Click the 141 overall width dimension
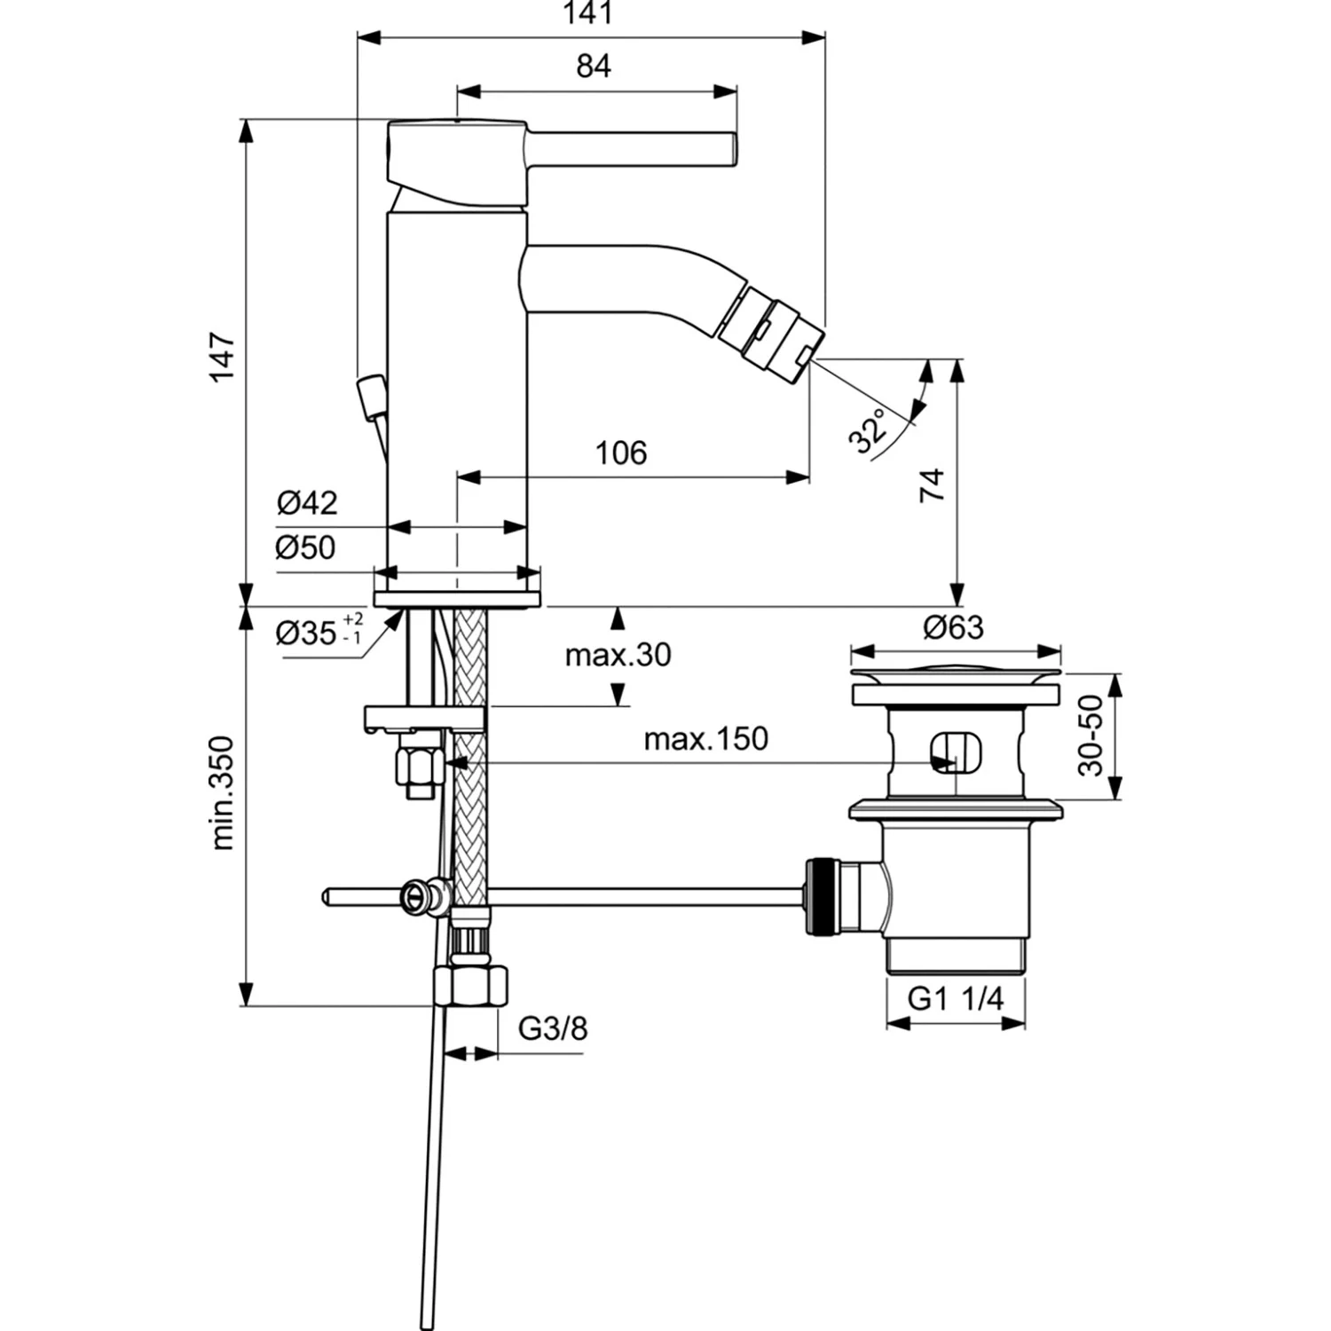click(x=589, y=14)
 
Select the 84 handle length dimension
click(x=594, y=67)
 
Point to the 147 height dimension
click(x=223, y=357)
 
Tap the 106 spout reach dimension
click(x=621, y=453)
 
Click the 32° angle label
click(x=868, y=431)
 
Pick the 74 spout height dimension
click(x=933, y=485)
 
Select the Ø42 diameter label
click(x=307, y=503)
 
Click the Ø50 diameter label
click(x=306, y=547)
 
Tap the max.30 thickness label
click(x=618, y=656)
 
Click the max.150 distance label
click(x=705, y=738)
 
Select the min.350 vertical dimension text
click(x=223, y=792)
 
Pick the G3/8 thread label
click(x=552, y=1028)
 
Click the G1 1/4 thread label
click(x=955, y=999)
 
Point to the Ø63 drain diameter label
click(x=953, y=628)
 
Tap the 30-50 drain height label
click(x=1091, y=736)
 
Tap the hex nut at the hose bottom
click(x=471, y=985)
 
